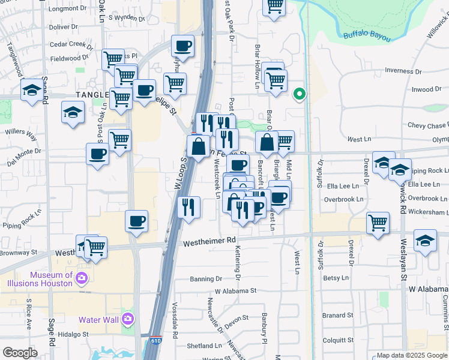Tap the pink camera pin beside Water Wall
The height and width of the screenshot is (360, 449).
pos(127,319)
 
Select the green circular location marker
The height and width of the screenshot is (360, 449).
pos(299,94)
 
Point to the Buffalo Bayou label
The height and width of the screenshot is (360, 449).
pos(367,35)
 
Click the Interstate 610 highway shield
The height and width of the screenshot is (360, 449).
pos(156,340)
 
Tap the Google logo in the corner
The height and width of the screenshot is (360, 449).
pos(20,353)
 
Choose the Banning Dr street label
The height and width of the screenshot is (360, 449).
pos(206,279)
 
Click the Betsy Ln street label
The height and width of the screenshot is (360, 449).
pos(336,278)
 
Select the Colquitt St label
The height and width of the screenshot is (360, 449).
pos(338,340)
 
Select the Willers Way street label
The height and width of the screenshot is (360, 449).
pos(21,134)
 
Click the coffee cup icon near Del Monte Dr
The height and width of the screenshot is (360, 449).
pos(97,155)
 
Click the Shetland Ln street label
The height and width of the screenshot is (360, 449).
pos(204,346)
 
